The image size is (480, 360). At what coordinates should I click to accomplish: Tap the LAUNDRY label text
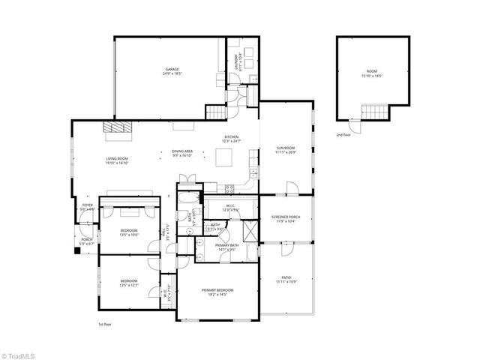pyautogui.click(x=237, y=61)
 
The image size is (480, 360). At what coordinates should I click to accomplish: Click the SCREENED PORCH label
pyautogui.click(x=286, y=218)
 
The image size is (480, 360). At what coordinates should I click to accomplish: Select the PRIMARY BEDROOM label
pyautogui.click(x=217, y=292)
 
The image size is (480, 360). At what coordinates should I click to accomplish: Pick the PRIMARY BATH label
pyautogui.click(x=226, y=248)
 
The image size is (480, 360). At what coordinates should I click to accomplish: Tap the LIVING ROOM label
pyautogui.click(x=117, y=160)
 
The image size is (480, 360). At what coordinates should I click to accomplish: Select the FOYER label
pyautogui.click(x=88, y=208)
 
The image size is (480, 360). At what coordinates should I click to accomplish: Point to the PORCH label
pyautogui.click(x=87, y=241)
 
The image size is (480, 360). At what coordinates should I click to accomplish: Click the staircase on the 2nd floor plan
pyautogui.click(x=375, y=112)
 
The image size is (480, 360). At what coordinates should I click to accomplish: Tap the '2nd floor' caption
pyautogui.click(x=343, y=136)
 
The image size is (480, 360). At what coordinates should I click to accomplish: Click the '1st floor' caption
pyautogui.click(x=105, y=325)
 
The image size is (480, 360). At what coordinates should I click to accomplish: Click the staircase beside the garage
pyautogui.click(x=216, y=112)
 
